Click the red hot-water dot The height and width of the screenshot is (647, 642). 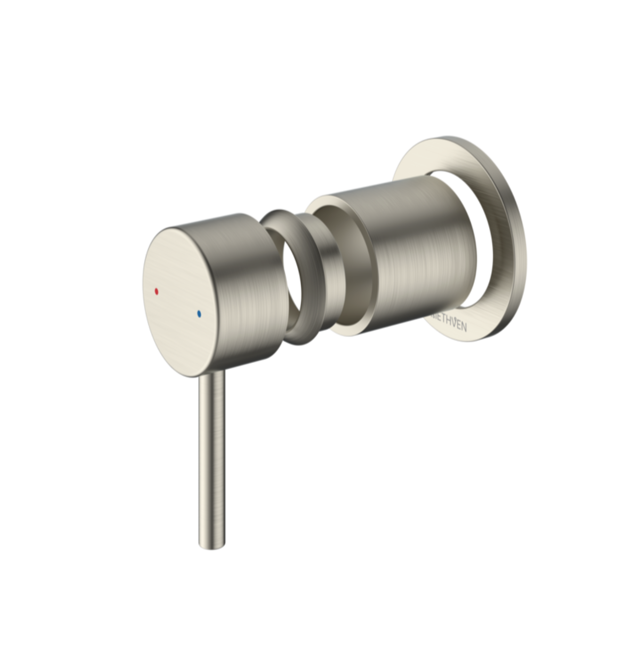156,291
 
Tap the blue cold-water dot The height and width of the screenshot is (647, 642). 199,314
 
